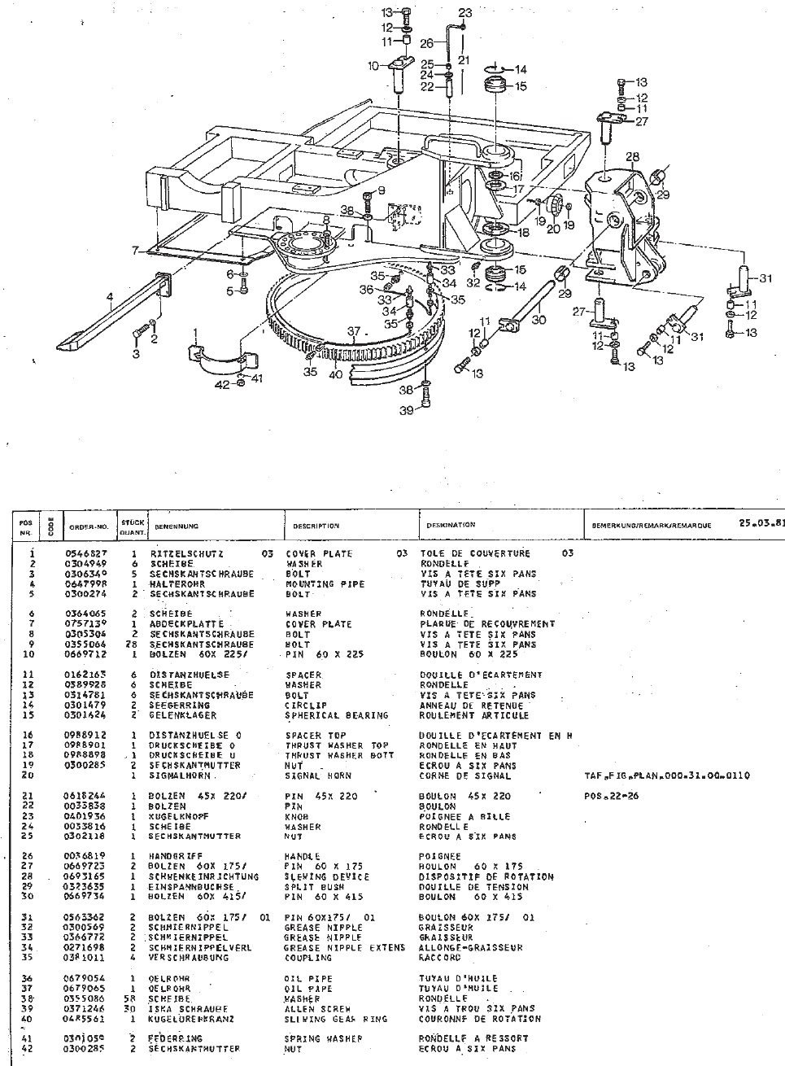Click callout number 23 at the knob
(464, 12)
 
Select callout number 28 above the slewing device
(632, 155)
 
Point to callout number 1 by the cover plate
(195, 332)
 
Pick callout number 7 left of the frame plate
(137, 250)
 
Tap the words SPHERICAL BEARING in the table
(336, 715)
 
